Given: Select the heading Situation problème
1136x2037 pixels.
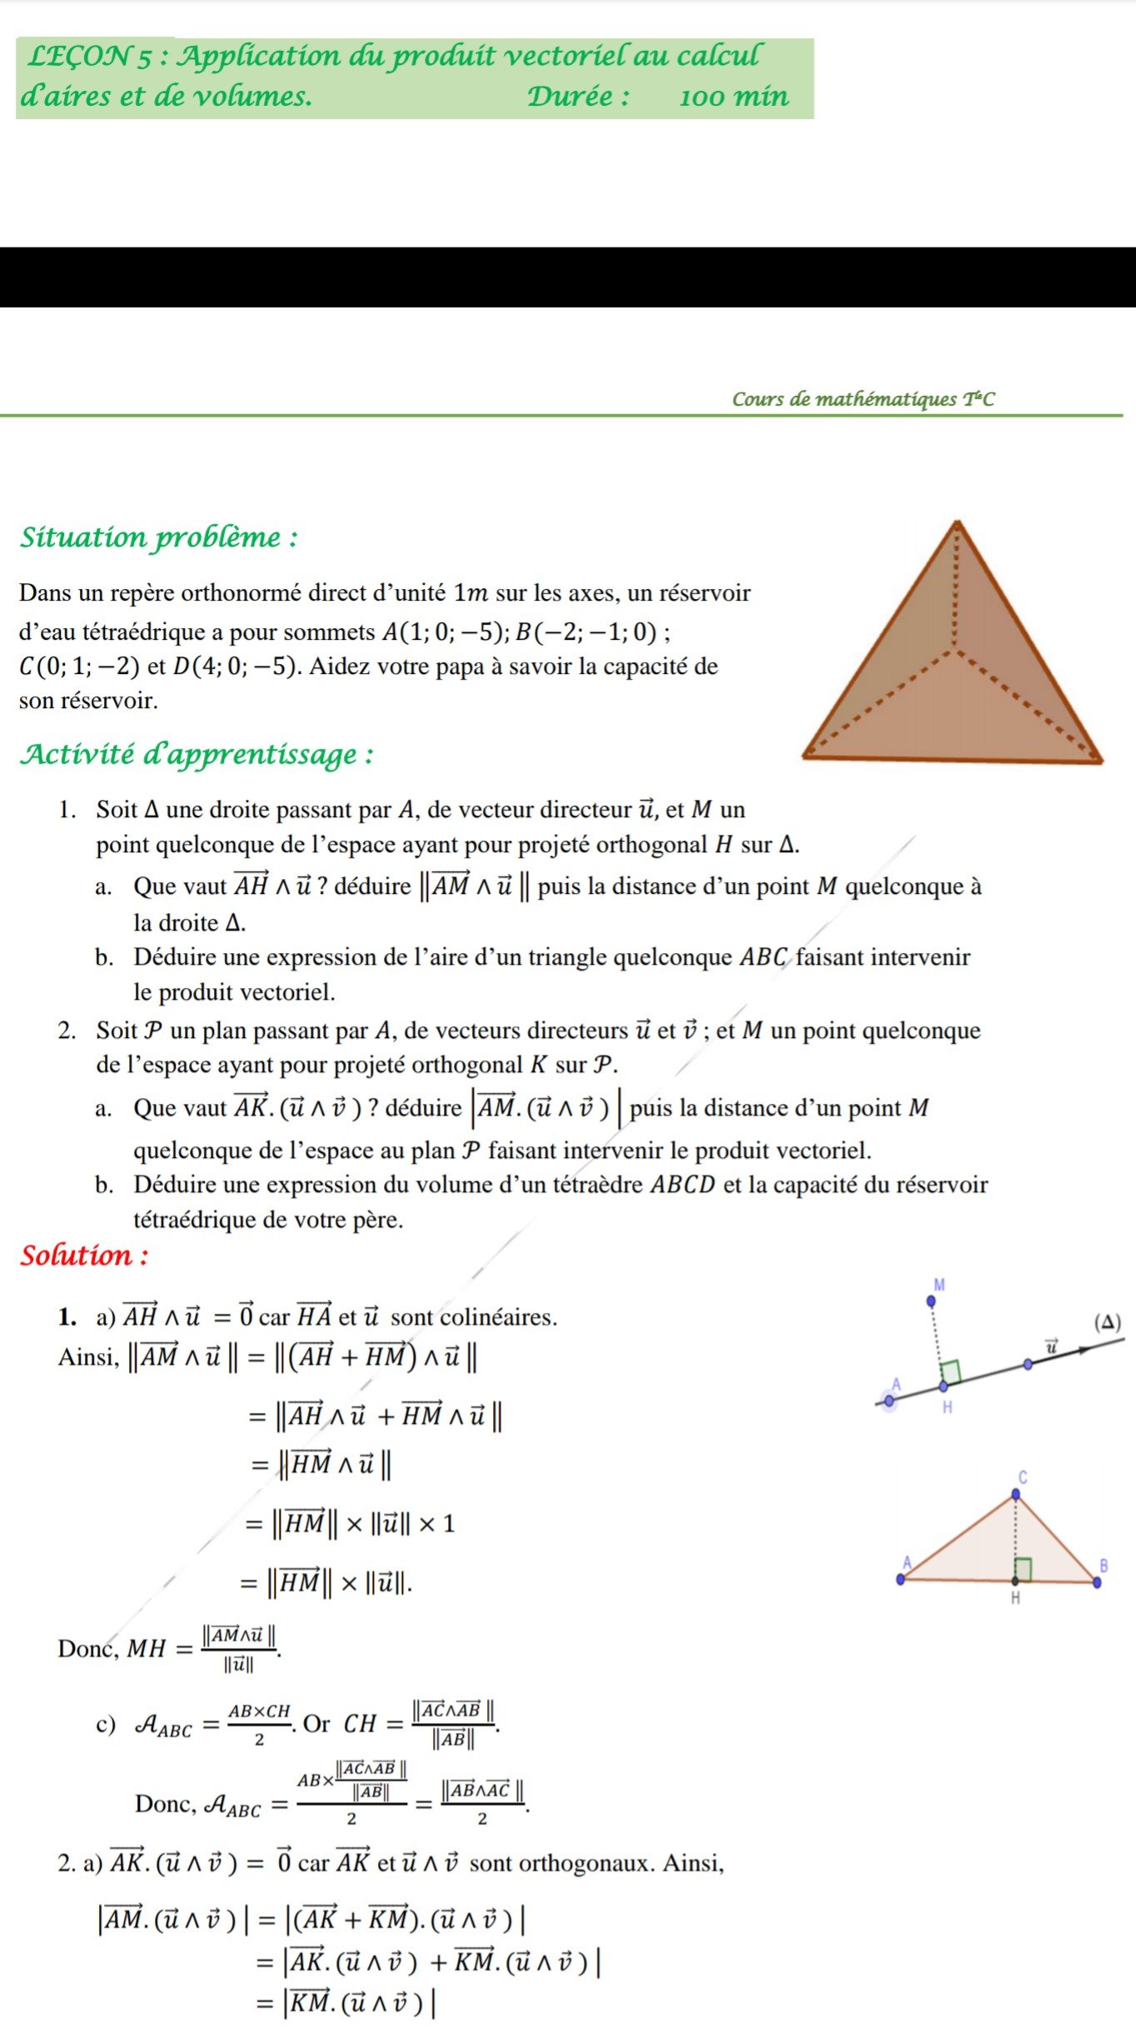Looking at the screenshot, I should pos(158,537).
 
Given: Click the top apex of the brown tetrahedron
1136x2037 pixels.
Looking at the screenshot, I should pos(958,524).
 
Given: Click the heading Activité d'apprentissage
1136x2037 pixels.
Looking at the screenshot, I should pos(197,755).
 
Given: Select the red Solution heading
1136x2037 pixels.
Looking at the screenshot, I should pos(84,1256).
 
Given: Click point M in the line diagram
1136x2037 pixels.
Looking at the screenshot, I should pos(931,1301).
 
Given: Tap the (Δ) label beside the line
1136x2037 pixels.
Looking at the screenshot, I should pos(1108,1322).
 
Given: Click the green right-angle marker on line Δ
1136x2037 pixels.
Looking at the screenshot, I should pos(950,1371).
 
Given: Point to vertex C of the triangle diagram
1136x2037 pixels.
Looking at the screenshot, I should pos(1015,1494).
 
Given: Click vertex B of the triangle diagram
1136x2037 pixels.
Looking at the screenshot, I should pos(1097,1582).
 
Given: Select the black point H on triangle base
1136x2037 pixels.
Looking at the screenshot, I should pos(1015,1580).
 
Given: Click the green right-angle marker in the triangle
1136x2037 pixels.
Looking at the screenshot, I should pos(1024,1569).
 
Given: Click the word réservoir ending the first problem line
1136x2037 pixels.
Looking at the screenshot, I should pos(705,593).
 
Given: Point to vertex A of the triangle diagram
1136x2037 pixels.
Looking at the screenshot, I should pos(900,1579).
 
